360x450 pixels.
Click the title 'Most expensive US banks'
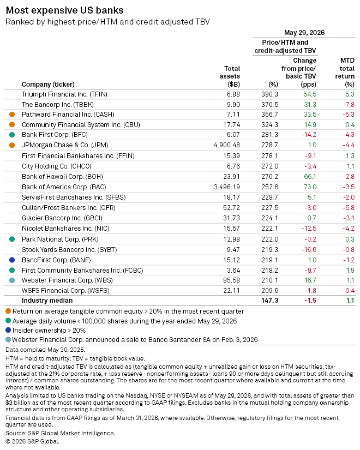pos(64,10)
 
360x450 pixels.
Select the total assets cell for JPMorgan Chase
pos(227,145)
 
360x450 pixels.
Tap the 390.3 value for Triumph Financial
pos(269,94)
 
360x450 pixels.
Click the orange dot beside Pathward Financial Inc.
pos(12,115)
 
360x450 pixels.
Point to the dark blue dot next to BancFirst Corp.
pos(12,260)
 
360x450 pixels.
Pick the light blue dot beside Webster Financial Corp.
pos(12,280)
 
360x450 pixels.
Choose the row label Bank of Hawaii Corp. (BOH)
pos(62,177)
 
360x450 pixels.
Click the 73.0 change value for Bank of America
pos(310,187)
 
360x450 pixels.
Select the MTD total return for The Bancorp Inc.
pos(349,105)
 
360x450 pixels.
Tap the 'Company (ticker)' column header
pos(48,85)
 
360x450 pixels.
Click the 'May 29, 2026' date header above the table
pos(304,33)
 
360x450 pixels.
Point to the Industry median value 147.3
pos(269,301)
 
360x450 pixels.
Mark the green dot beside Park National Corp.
pos(12,239)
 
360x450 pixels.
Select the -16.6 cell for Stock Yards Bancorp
pos(309,250)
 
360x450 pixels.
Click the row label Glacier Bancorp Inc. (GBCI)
pos(62,218)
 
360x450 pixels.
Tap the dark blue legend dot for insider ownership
pos(8,330)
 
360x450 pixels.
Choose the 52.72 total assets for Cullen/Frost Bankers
pos(231,208)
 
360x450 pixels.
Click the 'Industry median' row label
pos(47,301)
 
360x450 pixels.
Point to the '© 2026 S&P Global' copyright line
pos(32,441)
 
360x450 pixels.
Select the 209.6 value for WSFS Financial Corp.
pos(269,291)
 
